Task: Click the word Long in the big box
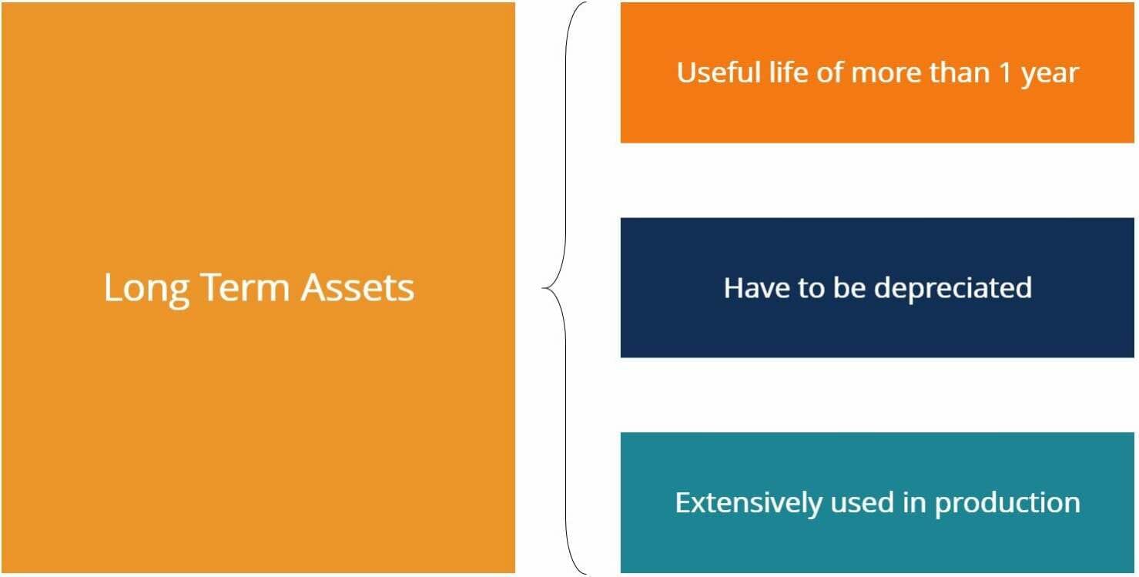click(x=147, y=289)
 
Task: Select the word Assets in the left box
click(x=358, y=287)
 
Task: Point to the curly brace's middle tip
click(x=544, y=288)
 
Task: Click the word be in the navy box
click(x=847, y=287)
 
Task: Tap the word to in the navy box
click(x=808, y=288)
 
